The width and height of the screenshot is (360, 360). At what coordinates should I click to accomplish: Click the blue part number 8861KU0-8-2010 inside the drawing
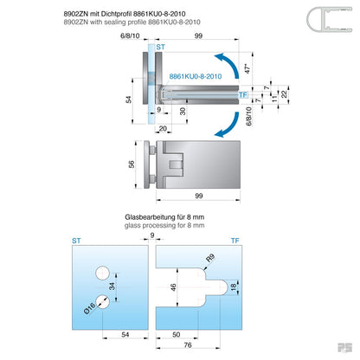(196, 76)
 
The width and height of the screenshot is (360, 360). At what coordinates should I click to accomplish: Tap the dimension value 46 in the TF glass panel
(173, 287)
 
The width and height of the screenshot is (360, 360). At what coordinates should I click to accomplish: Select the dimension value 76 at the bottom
(188, 344)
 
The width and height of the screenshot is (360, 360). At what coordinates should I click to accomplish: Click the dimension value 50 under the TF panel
(177, 332)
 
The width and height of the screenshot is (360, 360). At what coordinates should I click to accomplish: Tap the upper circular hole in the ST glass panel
(102, 273)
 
